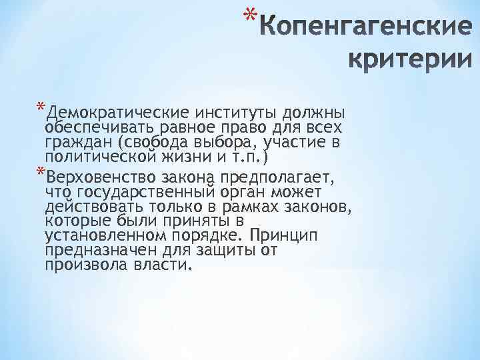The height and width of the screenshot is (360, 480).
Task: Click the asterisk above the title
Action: [x=249, y=15]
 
